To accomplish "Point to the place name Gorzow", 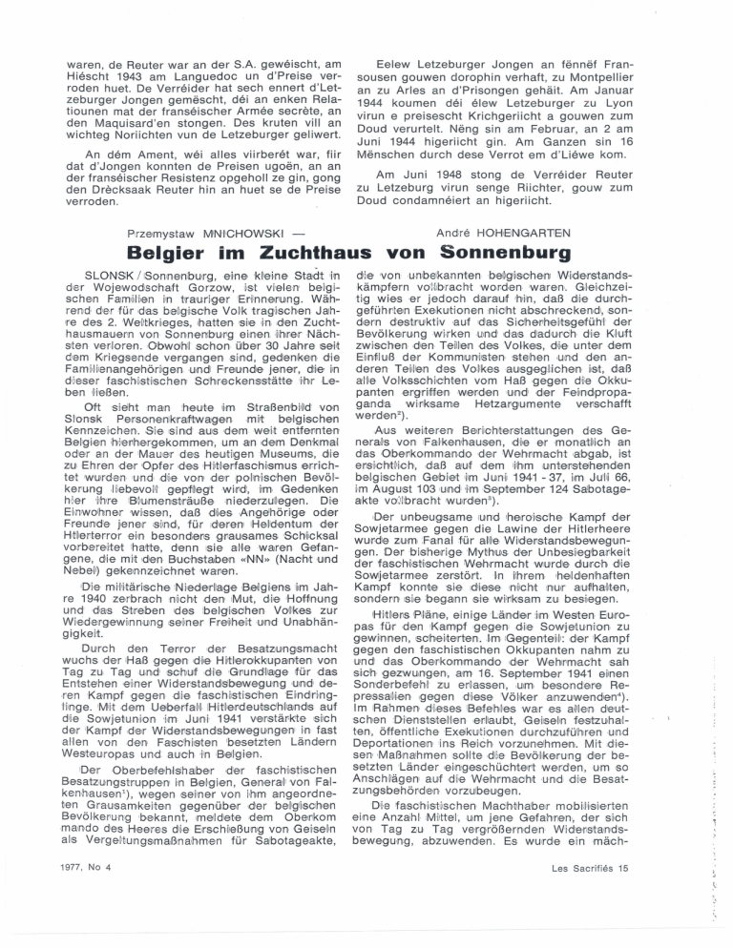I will [x=192, y=286].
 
